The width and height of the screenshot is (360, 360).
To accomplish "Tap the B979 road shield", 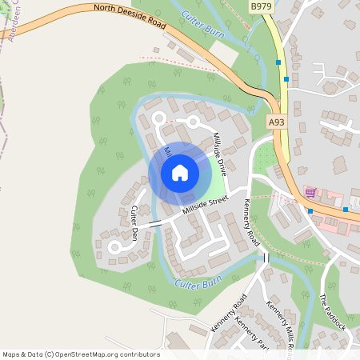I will coord(260,6).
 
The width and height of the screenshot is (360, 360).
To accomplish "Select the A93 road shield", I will coord(276,122).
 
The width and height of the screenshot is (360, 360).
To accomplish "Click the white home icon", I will coord(180,172).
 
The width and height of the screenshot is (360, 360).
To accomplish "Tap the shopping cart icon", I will coord(310,193).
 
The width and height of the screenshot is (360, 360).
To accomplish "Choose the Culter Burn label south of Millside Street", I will coord(197,282).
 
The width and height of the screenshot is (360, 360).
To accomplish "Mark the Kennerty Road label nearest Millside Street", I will coord(252,220).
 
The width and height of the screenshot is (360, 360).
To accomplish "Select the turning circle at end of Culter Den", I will coord(114,248).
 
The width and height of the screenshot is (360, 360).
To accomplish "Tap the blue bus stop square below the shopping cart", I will coord(310,210).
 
